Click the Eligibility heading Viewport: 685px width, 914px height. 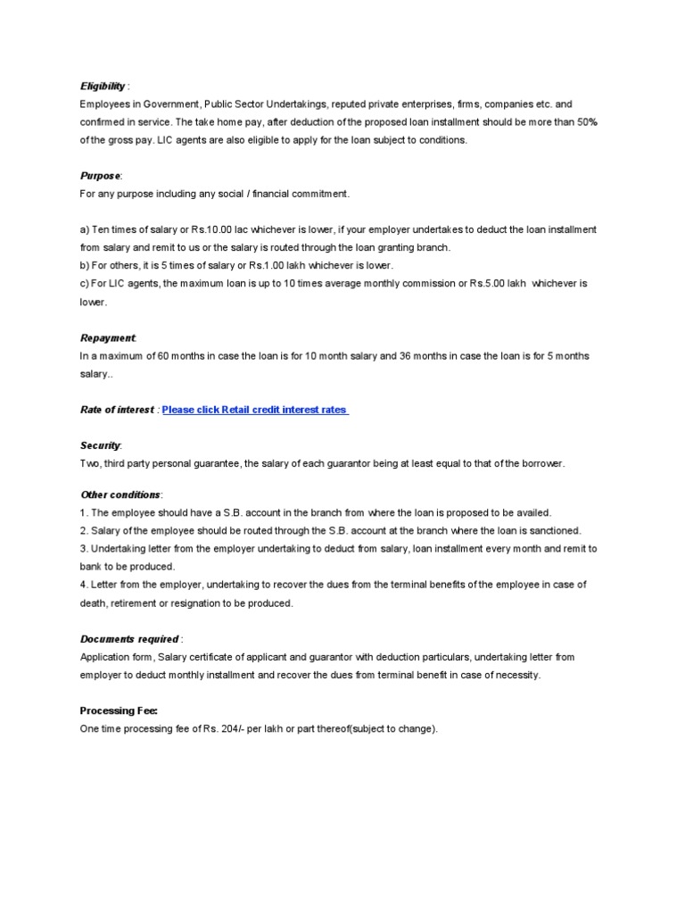coord(103,87)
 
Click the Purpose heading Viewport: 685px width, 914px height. coord(100,177)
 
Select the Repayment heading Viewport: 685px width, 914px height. coord(108,338)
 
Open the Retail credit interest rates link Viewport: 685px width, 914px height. coord(255,410)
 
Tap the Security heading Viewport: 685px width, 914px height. coord(100,445)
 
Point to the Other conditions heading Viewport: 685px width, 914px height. coord(120,494)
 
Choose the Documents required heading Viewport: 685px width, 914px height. coord(129,639)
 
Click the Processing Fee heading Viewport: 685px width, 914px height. coord(119,710)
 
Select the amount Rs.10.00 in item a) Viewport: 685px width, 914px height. coord(225,229)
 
